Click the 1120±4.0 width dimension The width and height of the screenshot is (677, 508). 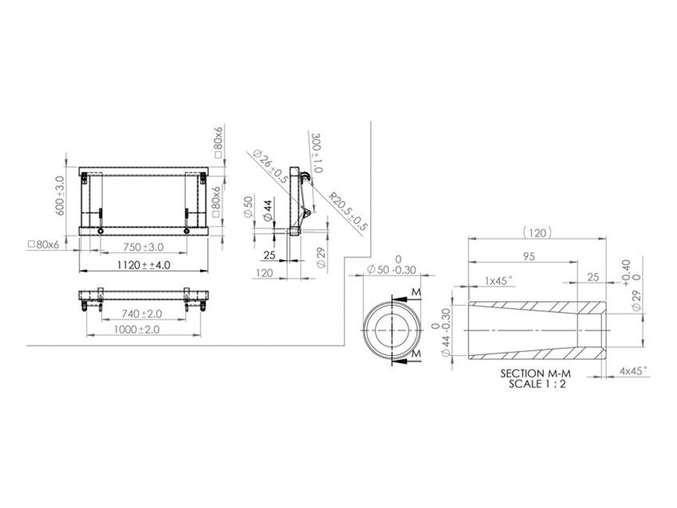(144, 265)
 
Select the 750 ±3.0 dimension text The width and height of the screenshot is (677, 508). (143, 247)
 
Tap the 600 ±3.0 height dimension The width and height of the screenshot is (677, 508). (60, 195)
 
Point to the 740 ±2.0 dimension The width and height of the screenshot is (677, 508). (142, 314)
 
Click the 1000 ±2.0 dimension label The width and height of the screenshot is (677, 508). (137, 330)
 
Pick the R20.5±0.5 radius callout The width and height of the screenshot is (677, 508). (348, 212)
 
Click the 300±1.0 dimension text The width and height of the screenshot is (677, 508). (317, 154)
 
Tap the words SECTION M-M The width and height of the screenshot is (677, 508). (535, 374)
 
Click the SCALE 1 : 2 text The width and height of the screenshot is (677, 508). (537, 384)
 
